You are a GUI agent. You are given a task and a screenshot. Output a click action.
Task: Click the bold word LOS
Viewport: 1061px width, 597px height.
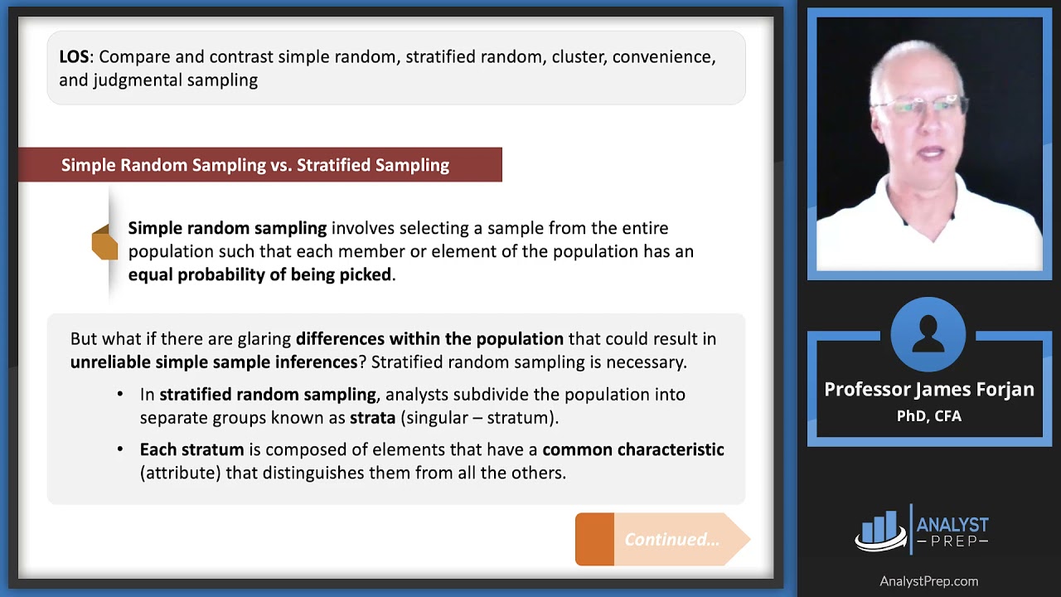[x=76, y=57]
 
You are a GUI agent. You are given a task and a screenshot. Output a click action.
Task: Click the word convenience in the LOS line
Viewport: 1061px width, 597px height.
[x=664, y=57]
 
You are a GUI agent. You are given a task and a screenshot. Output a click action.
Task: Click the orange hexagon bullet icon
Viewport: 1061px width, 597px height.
[x=104, y=242]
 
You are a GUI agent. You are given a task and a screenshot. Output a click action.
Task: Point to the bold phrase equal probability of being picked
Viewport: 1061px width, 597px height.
[x=259, y=274]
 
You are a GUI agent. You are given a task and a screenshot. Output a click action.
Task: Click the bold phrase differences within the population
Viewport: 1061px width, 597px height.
[x=429, y=338]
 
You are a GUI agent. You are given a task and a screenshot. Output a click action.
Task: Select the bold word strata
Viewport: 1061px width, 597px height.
[x=372, y=417]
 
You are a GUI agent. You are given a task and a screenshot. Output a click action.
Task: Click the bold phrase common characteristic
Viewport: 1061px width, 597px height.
[x=632, y=449]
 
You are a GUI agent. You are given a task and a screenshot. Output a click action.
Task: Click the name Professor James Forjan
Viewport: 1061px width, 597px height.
[x=928, y=390]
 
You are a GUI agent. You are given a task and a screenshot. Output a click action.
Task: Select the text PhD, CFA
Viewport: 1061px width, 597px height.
[x=928, y=416]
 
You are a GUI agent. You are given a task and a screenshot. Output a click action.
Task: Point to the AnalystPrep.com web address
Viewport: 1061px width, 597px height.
[x=928, y=581]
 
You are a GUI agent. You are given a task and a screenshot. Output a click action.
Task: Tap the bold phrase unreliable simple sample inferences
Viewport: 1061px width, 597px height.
[x=214, y=362]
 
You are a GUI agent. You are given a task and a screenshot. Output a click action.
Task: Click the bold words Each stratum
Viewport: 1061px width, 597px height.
[x=191, y=449]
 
